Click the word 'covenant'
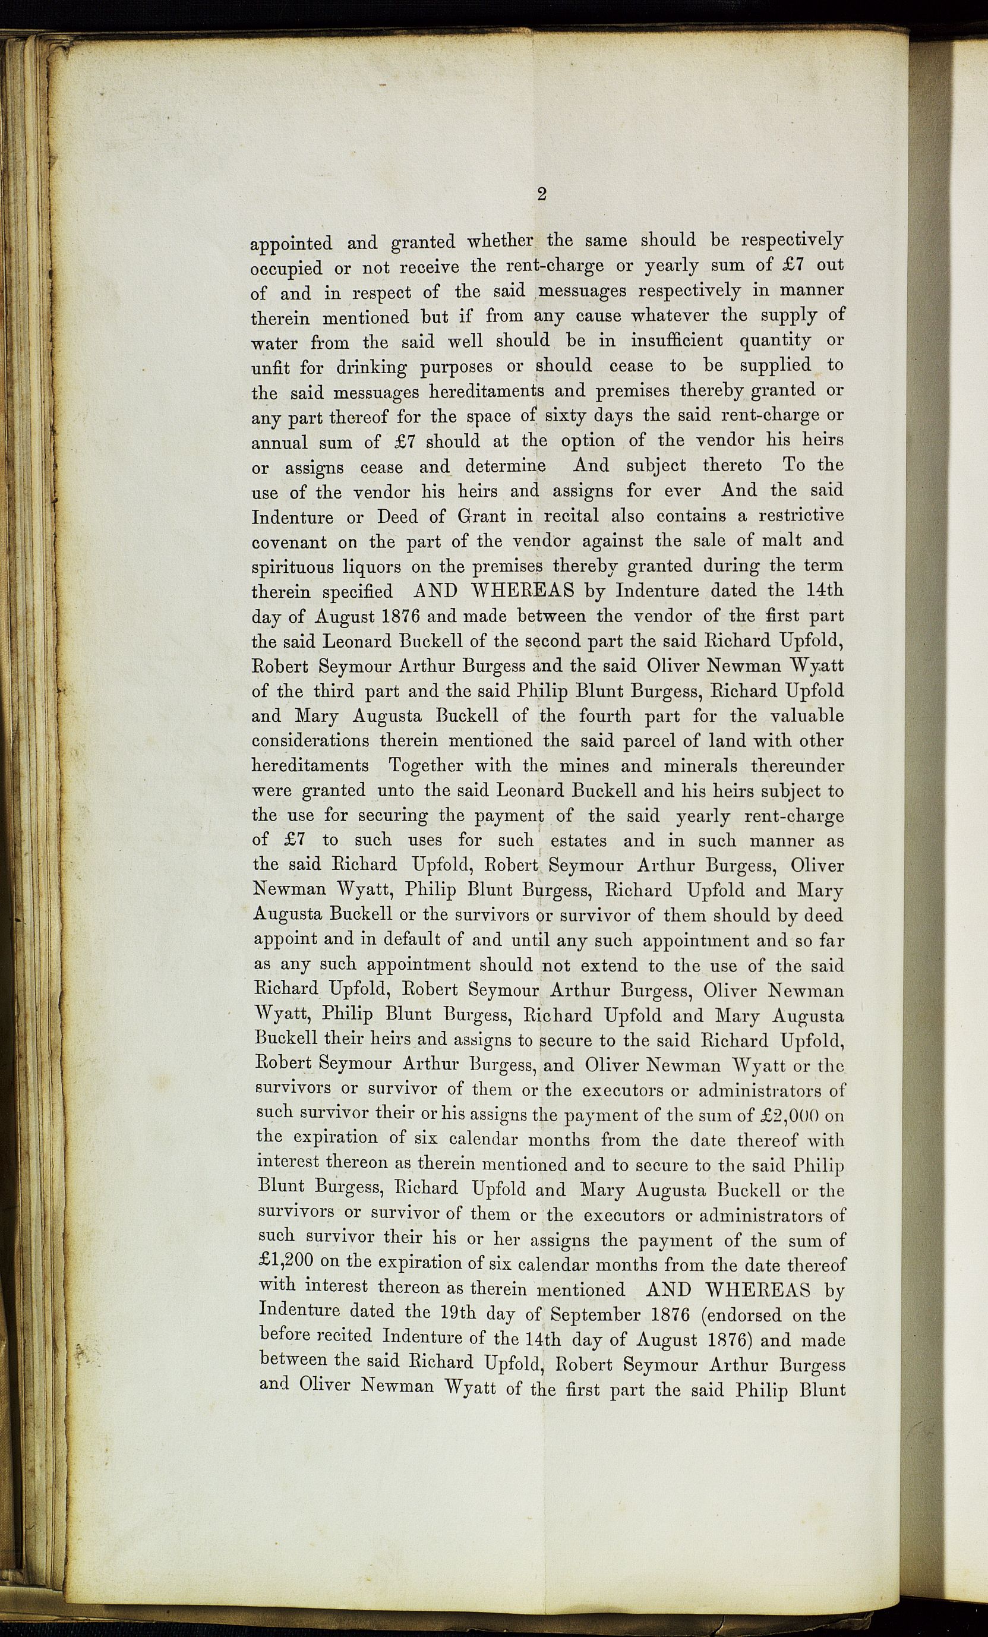pyautogui.click(x=290, y=541)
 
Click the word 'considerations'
pyautogui.click(x=310, y=741)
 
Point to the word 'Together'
pyautogui.click(x=428, y=766)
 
